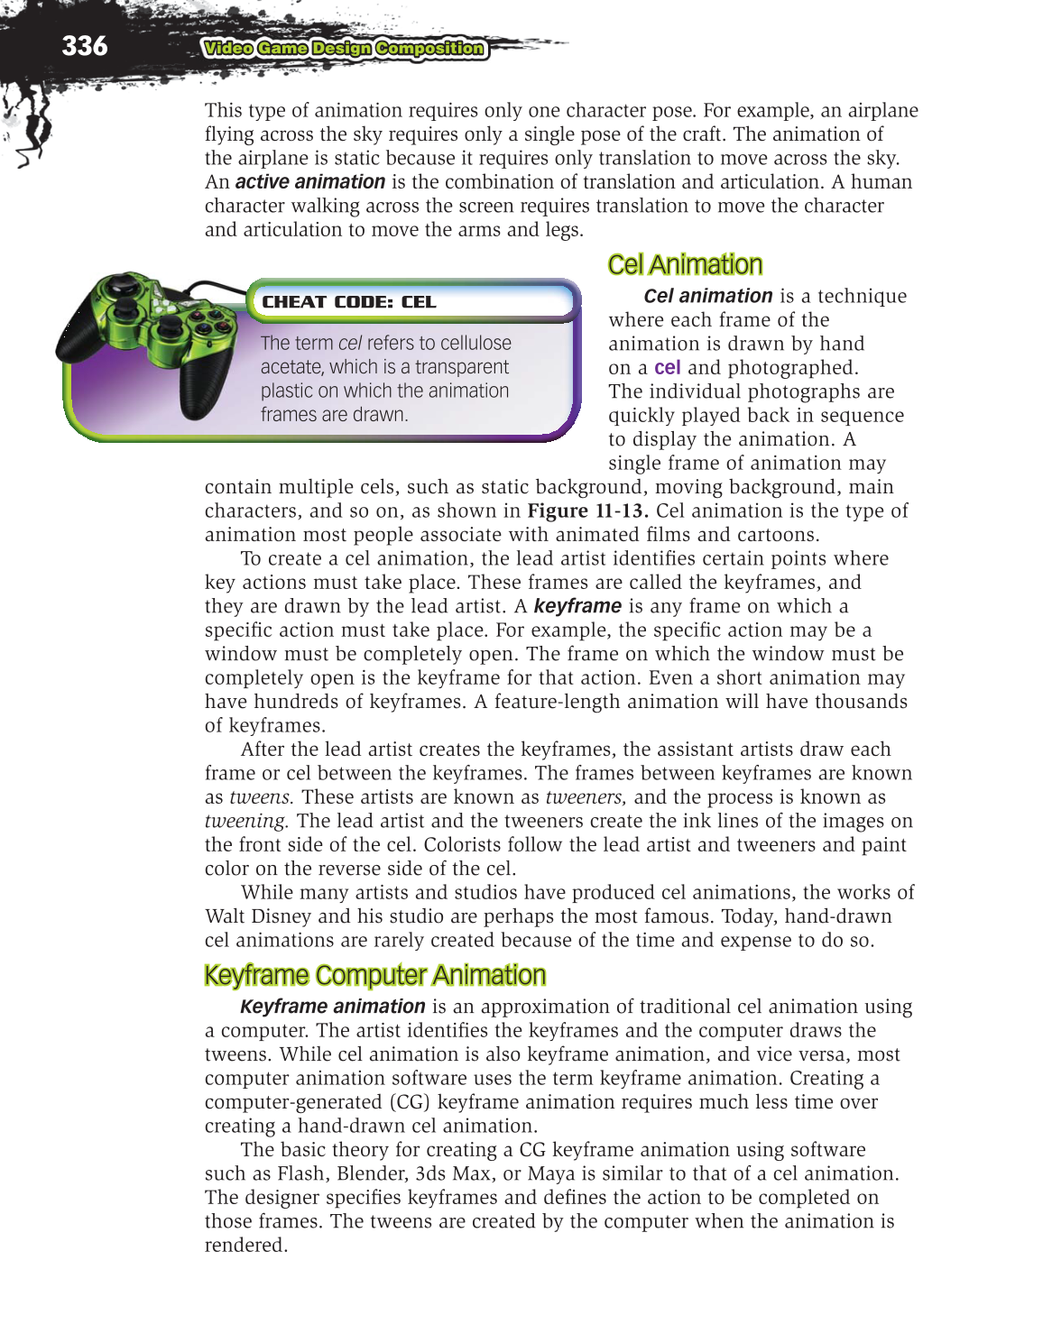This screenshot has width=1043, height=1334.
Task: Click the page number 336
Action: click(84, 45)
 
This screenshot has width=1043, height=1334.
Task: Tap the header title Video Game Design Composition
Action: click(344, 49)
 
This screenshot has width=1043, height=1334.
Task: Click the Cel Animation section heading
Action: click(685, 264)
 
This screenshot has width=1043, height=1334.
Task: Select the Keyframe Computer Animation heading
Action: click(374, 975)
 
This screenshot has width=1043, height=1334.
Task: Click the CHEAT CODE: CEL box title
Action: click(348, 302)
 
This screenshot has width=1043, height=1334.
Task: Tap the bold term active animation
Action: click(309, 182)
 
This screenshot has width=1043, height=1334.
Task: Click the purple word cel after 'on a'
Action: click(667, 368)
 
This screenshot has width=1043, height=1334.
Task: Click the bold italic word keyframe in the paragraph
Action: click(577, 606)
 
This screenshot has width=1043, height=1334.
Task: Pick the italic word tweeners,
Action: click(585, 797)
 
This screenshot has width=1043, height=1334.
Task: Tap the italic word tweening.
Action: click(245, 821)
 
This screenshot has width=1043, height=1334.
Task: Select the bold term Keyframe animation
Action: click(332, 1007)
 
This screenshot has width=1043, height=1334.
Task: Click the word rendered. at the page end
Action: click(245, 1246)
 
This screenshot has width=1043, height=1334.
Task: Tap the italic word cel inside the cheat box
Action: click(349, 344)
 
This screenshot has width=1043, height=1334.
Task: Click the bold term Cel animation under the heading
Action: click(707, 296)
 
